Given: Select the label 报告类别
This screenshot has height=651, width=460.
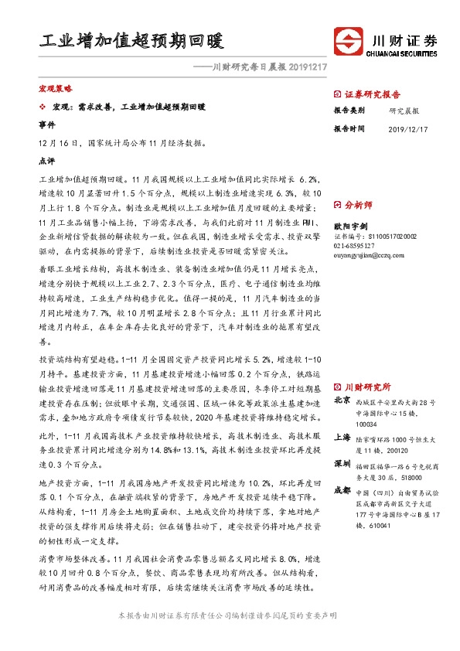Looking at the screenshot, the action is click(x=348, y=111).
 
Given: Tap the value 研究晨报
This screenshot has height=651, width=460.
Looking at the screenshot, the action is click(x=401, y=111).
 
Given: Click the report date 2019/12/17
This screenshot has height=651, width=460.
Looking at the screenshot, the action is click(x=407, y=129).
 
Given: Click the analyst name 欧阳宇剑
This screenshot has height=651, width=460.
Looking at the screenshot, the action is click(x=348, y=225).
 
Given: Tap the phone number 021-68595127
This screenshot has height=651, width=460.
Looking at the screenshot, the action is click(x=354, y=244).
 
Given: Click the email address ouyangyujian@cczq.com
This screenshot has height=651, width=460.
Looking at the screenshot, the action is click(x=368, y=254).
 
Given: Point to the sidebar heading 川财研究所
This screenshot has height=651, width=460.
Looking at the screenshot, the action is click(x=367, y=387).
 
